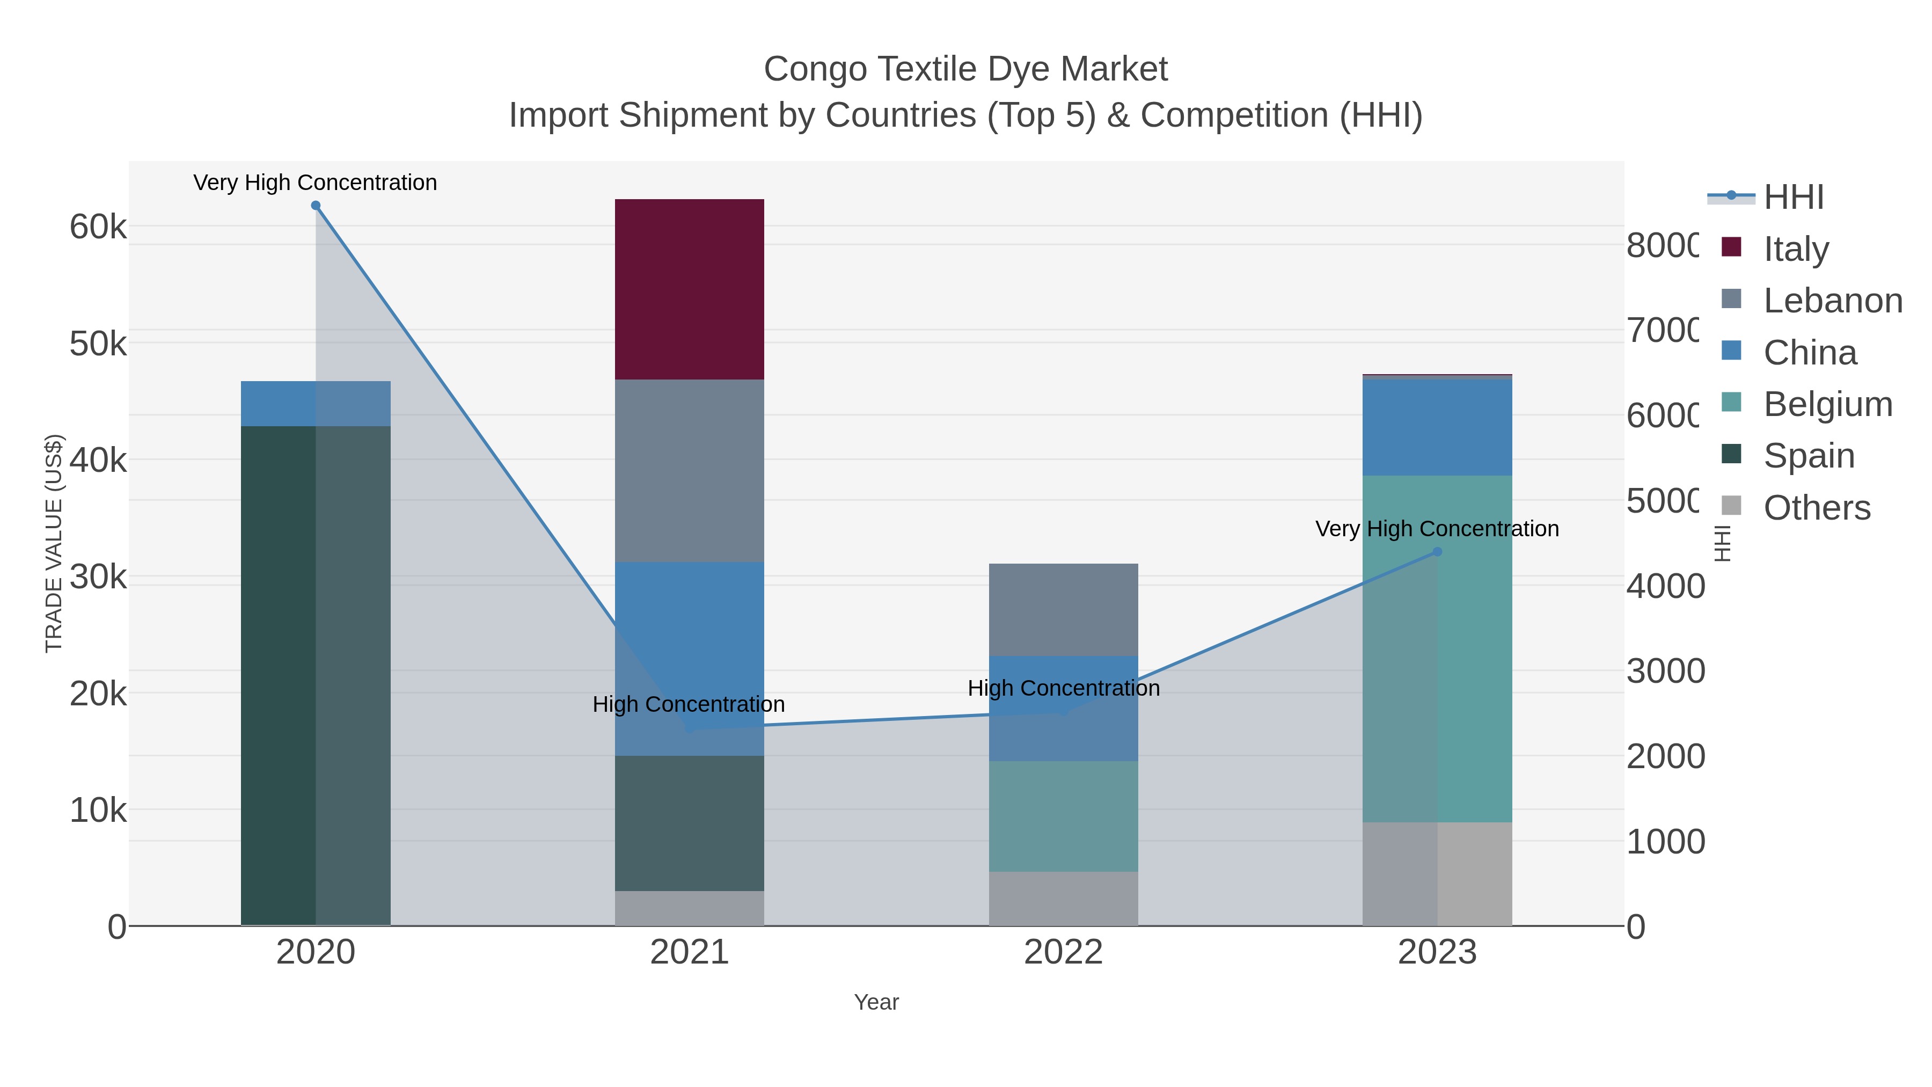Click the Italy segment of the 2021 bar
(x=689, y=289)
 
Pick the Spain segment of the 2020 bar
(x=315, y=675)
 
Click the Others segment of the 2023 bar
(x=1437, y=873)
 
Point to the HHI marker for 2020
(x=316, y=206)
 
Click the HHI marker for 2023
(x=1437, y=551)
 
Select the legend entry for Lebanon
(x=1832, y=301)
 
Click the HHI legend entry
(x=1792, y=198)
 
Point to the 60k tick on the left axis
(x=98, y=227)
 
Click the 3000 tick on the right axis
(x=1665, y=670)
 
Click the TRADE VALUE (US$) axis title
(x=54, y=543)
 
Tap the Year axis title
(x=876, y=1002)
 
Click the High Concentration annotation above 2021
(x=689, y=704)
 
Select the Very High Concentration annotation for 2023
(x=1437, y=529)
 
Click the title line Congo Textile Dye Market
(x=965, y=69)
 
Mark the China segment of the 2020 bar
(x=315, y=404)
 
